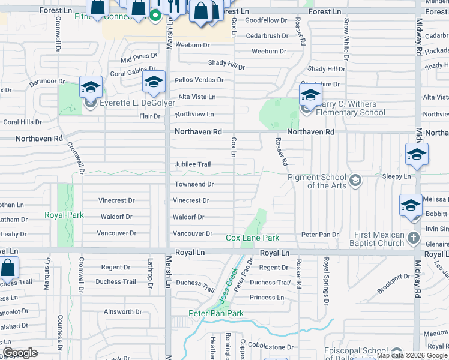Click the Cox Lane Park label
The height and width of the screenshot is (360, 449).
pyautogui.click(x=253, y=238)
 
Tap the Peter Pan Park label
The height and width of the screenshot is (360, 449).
pyautogui.click(x=216, y=313)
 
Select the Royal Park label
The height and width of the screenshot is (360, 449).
pyautogui.click(x=64, y=215)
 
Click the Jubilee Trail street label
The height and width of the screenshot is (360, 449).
pyautogui.click(x=193, y=164)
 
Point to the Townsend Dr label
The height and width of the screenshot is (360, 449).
pyautogui.click(x=194, y=184)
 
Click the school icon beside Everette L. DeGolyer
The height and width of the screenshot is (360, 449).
pyautogui.click(x=91, y=88)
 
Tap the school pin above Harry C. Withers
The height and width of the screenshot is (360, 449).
pyautogui.click(x=310, y=94)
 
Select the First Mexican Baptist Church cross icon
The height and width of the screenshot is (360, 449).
pyautogui.click(x=413, y=238)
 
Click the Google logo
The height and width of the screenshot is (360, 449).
pyautogui.click(x=20, y=353)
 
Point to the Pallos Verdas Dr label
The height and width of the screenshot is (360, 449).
pyautogui.click(x=199, y=80)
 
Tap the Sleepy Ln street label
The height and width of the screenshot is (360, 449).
pyautogui.click(x=396, y=177)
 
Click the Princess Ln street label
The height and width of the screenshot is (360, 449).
pyautogui.click(x=267, y=297)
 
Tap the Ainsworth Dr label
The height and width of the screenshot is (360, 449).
pyautogui.click(x=122, y=312)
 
